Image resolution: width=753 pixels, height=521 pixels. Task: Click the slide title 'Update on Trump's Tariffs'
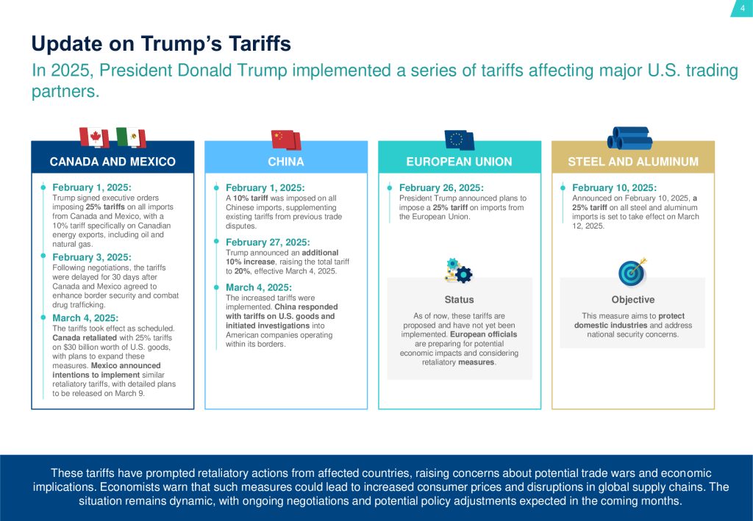click(161, 44)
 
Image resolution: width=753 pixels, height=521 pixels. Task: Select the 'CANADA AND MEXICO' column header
click(113, 162)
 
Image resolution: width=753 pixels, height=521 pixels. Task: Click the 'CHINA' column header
click(286, 162)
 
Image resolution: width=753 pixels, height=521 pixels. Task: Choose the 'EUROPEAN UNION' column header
click(460, 162)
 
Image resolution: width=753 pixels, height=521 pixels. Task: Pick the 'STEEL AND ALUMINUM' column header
click(633, 162)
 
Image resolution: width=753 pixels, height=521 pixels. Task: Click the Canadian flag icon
click(94, 137)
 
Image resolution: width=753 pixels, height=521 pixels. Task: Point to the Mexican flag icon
click(132, 137)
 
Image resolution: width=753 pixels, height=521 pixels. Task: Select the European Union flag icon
click(459, 140)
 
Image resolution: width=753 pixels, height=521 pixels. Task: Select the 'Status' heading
click(459, 300)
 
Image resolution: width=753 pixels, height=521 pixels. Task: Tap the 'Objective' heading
click(632, 300)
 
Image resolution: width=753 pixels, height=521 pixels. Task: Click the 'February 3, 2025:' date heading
click(92, 257)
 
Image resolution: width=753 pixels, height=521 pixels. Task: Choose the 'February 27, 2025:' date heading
click(268, 242)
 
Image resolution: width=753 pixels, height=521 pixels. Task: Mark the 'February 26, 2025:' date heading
click(441, 187)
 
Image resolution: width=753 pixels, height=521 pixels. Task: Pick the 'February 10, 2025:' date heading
click(614, 187)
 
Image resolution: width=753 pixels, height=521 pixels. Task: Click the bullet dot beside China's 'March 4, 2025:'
click(218, 287)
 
